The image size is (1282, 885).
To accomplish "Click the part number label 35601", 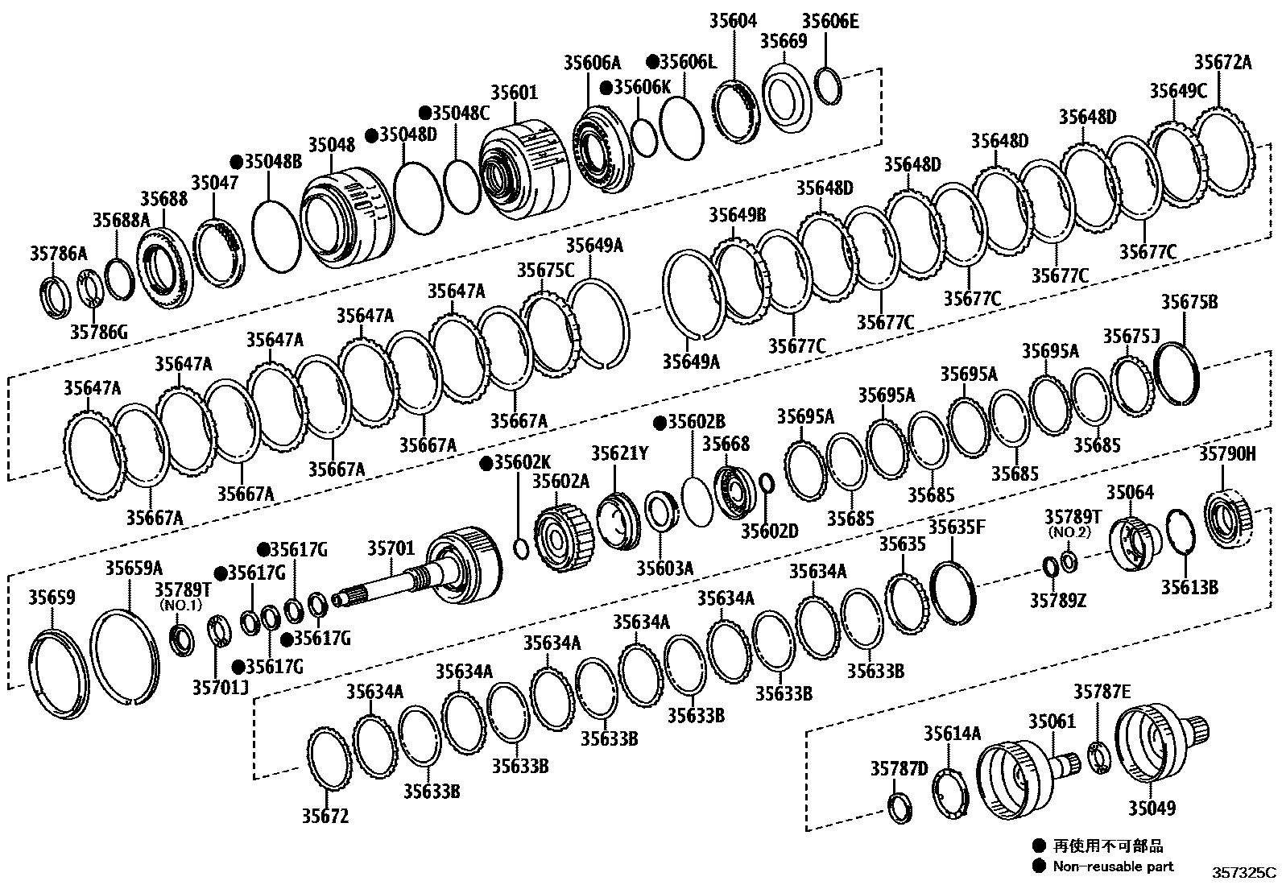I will click(x=513, y=93).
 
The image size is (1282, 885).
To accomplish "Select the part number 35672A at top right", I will click(x=1222, y=63).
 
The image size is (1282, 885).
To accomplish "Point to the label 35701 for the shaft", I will click(x=391, y=549).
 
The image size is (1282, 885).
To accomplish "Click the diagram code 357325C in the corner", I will click(x=1245, y=872).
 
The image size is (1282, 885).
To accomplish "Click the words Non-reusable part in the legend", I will click(x=1113, y=866).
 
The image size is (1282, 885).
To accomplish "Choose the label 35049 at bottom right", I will click(x=1151, y=808).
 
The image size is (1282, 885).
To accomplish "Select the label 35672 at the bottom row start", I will click(x=325, y=816).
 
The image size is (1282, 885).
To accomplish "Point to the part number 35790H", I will click(x=1227, y=454).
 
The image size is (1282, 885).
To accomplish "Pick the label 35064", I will click(x=1129, y=493).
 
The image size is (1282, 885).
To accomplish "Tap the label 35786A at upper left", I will click(x=58, y=254).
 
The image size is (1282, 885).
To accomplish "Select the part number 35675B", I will click(x=1189, y=302).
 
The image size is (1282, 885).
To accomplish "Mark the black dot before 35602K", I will click(x=486, y=463).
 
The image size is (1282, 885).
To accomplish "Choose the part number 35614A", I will click(x=952, y=733).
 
